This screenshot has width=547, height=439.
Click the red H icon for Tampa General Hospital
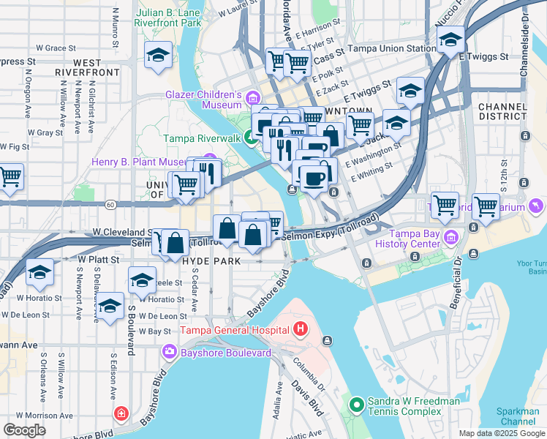[300, 331]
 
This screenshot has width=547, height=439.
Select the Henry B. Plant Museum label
[145, 162]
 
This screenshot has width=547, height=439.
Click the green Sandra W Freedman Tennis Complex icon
[356, 403]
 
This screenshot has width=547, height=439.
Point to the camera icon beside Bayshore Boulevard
[170, 353]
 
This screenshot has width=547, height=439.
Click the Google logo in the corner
[25, 430]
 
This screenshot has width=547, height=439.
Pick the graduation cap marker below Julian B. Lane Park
[158, 56]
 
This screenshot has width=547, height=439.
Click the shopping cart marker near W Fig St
[9, 176]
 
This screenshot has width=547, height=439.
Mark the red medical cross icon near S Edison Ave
[121, 415]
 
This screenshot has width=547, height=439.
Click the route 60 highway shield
[110, 204]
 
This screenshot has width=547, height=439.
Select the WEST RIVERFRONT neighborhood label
[97, 68]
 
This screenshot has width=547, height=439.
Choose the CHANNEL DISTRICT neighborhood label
[502, 112]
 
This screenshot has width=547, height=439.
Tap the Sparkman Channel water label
[518, 417]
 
